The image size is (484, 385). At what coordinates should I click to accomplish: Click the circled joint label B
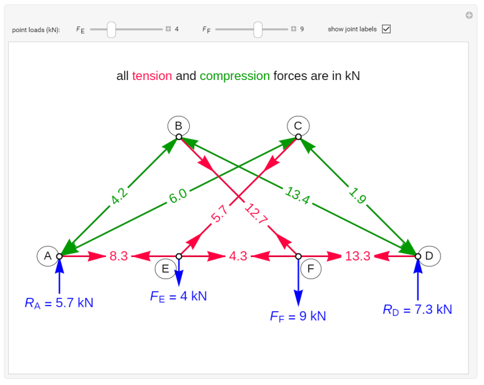coord(178,125)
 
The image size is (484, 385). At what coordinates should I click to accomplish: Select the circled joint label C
coord(298,125)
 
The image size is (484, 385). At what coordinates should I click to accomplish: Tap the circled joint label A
coord(47,256)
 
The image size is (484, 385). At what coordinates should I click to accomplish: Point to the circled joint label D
coord(429,256)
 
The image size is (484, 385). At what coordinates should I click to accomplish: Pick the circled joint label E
coord(166,269)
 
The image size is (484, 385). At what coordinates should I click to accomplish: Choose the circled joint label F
coord(311,269)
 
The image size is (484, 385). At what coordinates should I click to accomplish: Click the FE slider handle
coord(112,29)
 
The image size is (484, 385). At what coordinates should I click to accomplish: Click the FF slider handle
coord(258,29)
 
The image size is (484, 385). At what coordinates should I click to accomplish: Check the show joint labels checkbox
coord(386,29)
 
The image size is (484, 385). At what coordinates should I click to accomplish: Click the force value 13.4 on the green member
coord(297,196)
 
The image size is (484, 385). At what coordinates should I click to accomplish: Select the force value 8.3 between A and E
coord(118,256)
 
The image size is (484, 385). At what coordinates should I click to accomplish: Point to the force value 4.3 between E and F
coord(238,256)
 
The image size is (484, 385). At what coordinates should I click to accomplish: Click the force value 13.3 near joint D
coord(357,256)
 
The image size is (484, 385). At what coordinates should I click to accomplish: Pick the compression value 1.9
coord(357,197)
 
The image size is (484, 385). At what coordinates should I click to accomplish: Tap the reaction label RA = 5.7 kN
coord(59,302)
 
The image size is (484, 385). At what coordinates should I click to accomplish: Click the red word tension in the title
coord(152,76)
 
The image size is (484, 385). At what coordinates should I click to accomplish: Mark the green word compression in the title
coord(234,76)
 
